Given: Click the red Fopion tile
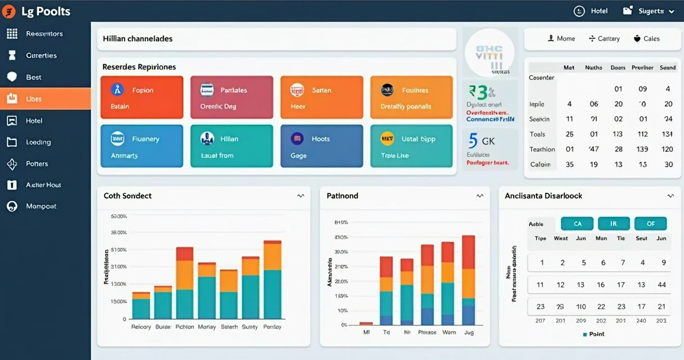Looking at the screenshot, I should pos(142,97).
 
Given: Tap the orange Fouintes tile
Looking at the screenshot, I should pos(411,97).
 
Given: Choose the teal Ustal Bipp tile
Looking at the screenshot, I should pos(411,146).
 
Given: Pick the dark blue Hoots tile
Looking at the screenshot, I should pos(322,146).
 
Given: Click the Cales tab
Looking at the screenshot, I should pos(646,39).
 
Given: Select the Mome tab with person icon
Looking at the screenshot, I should pos(561,39).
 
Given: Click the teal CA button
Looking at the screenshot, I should pos(578,224).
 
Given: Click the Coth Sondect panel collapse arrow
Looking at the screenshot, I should pos(301,196).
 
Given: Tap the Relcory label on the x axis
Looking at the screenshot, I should pos(141,327).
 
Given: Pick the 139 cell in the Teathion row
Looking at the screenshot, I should pos(643,150).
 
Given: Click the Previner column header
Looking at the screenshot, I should pos(642,67).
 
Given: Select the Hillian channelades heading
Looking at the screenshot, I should pos(138,39).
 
